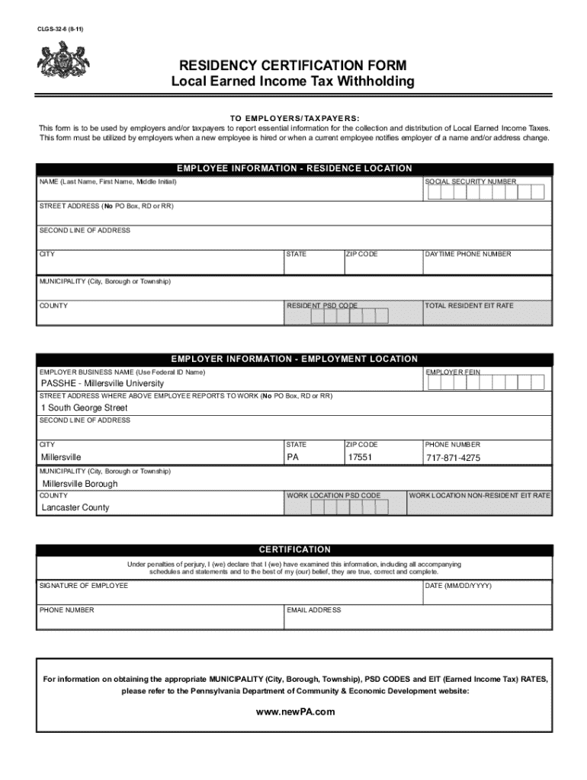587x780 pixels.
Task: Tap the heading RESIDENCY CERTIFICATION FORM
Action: (293, 66)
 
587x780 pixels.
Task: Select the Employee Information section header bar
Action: (293, 168)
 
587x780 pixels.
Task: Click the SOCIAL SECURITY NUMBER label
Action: (470, 182)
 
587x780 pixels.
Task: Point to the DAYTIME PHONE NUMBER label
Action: (468, 254)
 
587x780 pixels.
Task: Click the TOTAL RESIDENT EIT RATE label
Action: (469, 305)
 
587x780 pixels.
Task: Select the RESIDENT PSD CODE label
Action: (322, 305)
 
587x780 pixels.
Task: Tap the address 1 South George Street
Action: (84, 408)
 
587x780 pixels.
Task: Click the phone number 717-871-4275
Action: (453, 458)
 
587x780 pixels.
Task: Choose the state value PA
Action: (293, 458)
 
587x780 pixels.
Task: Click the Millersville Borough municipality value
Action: (80, 484)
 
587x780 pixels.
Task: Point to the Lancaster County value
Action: (75, 508)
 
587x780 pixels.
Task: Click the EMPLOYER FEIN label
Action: (453, 372)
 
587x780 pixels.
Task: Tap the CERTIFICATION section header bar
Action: (293, 549)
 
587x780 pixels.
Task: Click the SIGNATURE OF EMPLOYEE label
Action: (84, 585)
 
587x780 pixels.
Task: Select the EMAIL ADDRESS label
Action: (314, 610)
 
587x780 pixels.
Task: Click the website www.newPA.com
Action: (293, 711)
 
